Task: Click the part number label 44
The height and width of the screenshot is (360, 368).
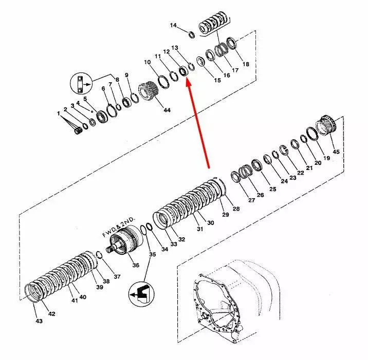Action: pyautogui.click(x=167, y=110)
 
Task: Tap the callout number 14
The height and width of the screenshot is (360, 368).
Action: pyautogui.click(x=173, y=25)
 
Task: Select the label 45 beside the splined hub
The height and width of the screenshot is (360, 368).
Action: pyautogui.click(x=336, y=151)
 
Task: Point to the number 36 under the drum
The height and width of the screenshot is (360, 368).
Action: pyautogui.click(x=136, y=265)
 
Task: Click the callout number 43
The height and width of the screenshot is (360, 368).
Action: pyautogui.click(x=39, y=320)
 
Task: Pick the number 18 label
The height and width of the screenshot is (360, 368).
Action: pyautogui.click(x=246, y=64)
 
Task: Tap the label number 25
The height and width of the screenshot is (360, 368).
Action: pyautogui.click(x=273, y=189)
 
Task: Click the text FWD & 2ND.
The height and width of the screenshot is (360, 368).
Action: pyautogui.click(x=119, y=228)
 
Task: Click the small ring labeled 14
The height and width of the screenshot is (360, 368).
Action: pyautogui.click(x=192, y=34)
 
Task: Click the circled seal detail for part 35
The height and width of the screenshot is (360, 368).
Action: pyautogui.click(x=141, y=294)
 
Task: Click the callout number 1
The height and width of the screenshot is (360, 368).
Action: pyautogui.click(x=59, y=113)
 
